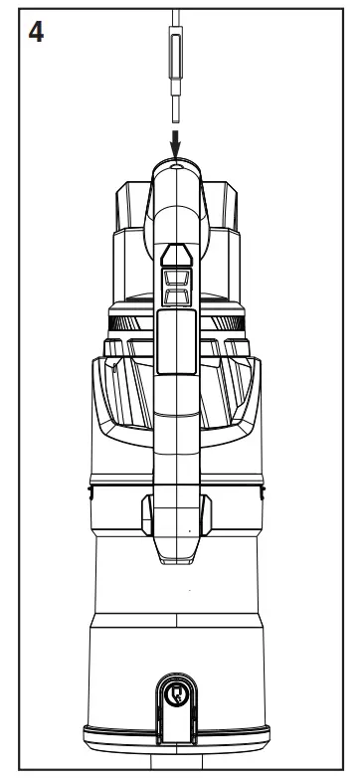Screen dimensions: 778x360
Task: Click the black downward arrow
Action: point(176,143)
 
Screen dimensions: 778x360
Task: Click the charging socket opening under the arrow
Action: point(176,170)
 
